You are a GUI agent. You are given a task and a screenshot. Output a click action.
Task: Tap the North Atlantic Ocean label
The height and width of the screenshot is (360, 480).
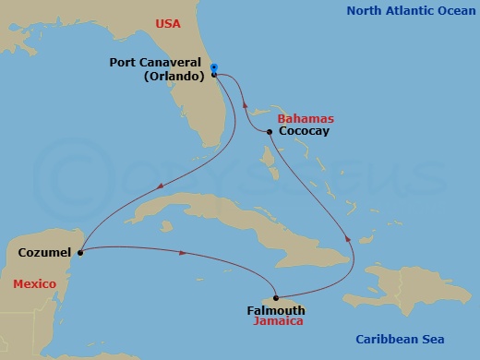tap(405, 11)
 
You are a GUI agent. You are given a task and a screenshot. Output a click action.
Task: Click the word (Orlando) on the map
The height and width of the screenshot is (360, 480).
tap(174, 77)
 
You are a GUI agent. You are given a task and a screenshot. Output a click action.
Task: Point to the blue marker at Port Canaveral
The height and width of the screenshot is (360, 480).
tap(213, 68)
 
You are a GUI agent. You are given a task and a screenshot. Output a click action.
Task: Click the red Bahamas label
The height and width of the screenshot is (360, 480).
tap(306, 120)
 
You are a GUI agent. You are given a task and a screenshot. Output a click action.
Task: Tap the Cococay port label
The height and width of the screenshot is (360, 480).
tap(304, 132)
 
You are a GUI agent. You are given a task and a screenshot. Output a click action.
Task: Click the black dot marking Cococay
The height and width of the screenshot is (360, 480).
tap(269, 133)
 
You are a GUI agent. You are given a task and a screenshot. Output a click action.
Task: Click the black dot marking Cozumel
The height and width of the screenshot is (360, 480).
tap(81, 251)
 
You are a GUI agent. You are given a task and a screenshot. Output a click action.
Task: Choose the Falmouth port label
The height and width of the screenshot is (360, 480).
tap(275, 311)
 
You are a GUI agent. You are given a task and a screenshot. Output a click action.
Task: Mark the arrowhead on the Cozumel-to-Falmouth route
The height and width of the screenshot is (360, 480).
tap(187, 252)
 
